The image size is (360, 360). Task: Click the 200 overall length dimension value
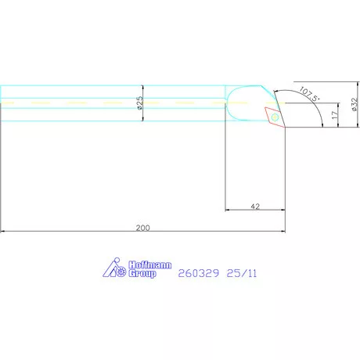[x=142, y=228]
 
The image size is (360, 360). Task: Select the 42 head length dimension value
[x=254, y=207]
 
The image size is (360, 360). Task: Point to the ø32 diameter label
[x=355, y=105]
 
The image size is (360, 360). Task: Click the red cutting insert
[x=275, y=117]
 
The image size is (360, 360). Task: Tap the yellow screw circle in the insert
[x=274, y=117]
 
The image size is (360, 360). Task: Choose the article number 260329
[x=199, y=273]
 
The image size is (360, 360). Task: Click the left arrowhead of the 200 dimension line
[x=3, y=232]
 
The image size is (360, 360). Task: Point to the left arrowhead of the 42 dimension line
[x=229, y=211]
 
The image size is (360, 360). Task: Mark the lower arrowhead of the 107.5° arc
[x=322, y=124]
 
